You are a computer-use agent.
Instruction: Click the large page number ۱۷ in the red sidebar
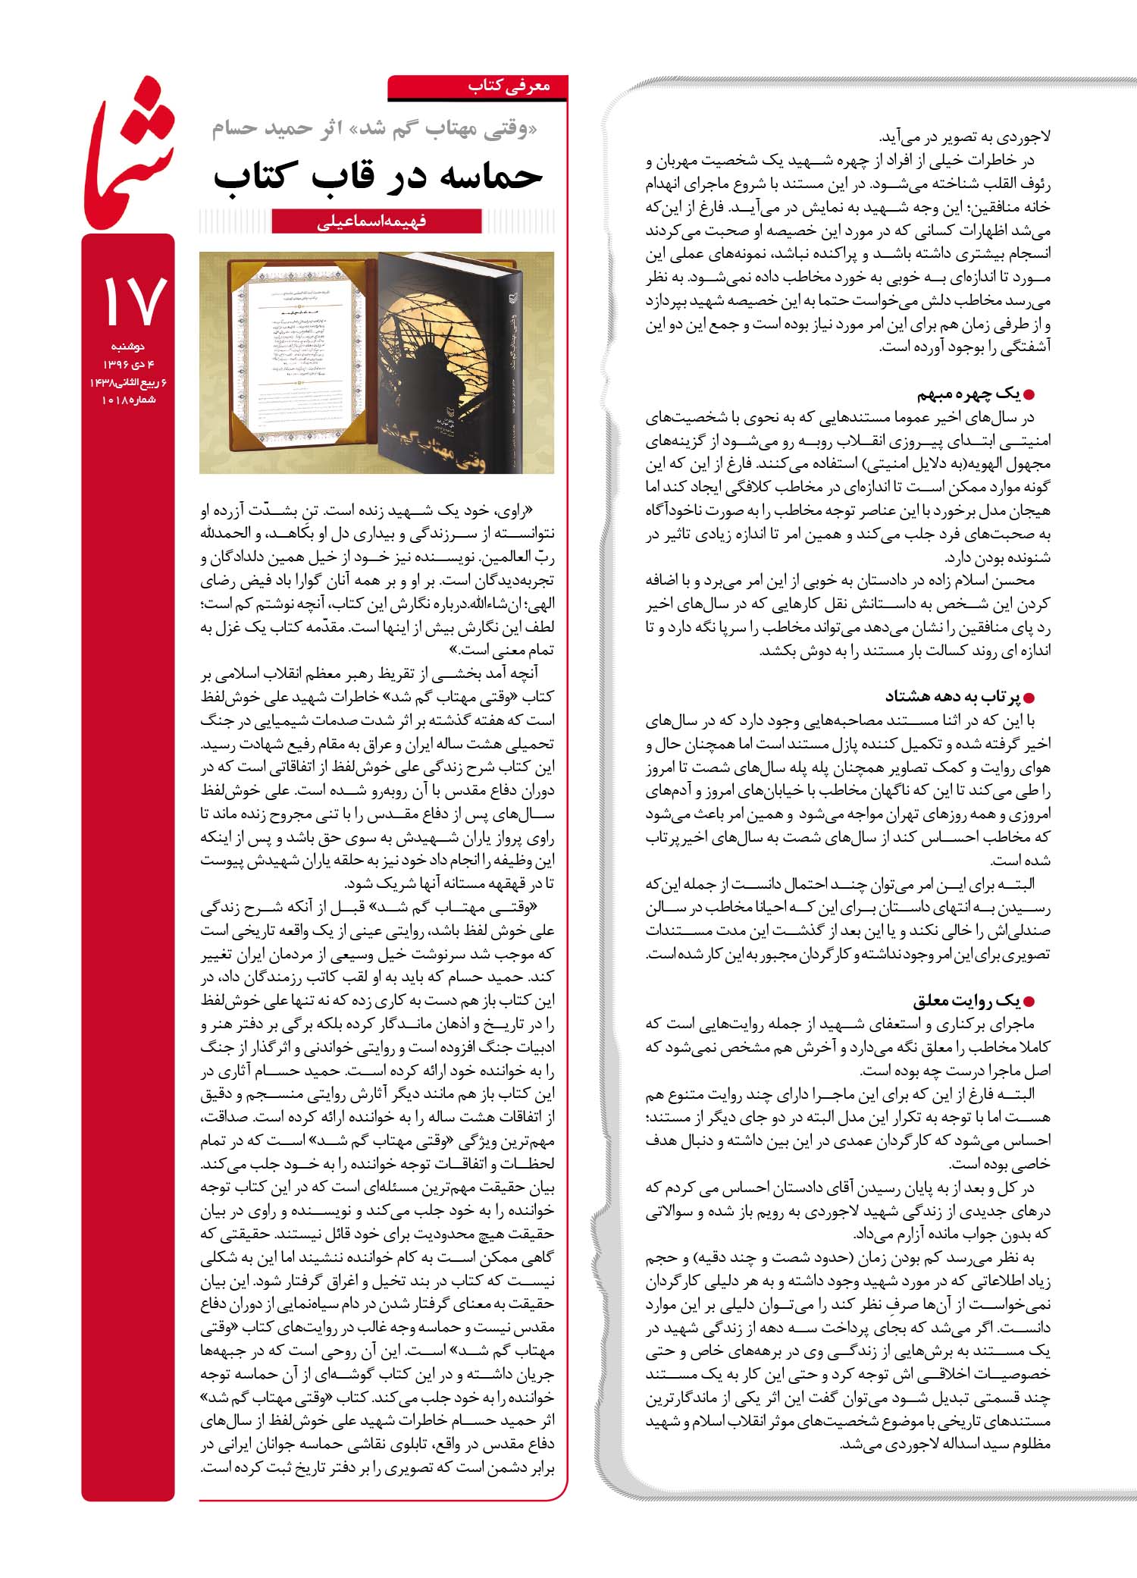tap(130, 300)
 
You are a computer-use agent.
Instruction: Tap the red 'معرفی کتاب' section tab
tap(508, 86)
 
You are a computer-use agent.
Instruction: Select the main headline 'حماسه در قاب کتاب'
tap(378, 176)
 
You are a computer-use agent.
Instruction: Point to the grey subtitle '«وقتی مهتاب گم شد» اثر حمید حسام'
tap(374, 130)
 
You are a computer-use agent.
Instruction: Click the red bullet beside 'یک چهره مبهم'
tap(1029, 395)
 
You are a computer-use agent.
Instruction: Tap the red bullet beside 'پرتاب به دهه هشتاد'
tap(1029, 698)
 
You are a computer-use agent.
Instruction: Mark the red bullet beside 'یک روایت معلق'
tap(1029, 1002)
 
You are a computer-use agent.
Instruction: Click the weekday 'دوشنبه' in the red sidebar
tap(128, 347)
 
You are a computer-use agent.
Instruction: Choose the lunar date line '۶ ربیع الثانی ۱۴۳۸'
tap(128, 382)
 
